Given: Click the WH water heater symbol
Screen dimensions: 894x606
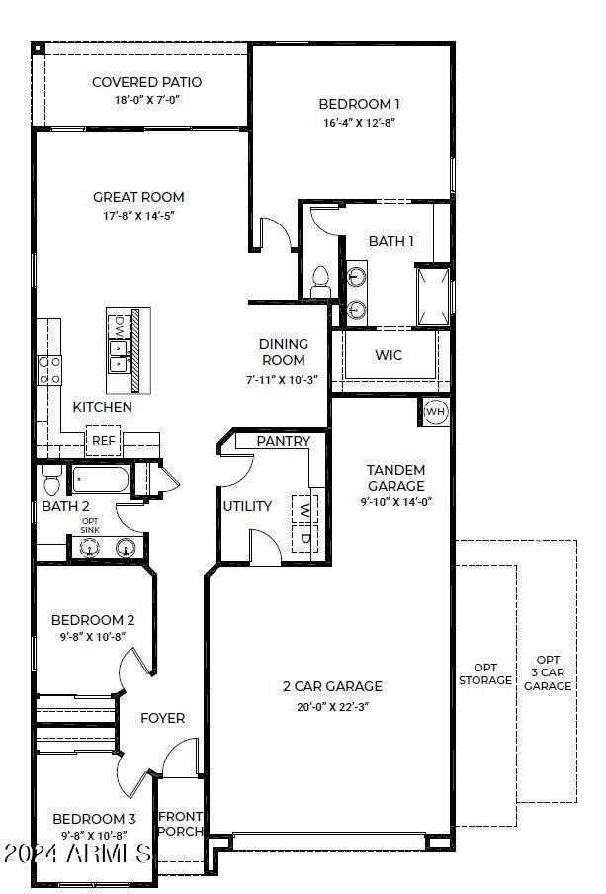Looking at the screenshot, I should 435,411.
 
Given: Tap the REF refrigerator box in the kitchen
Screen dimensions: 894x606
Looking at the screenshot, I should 104,441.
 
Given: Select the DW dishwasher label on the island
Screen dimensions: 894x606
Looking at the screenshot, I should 119,324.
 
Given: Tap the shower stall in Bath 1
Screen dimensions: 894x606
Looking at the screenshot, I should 432,295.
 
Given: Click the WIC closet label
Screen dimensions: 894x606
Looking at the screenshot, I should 389,355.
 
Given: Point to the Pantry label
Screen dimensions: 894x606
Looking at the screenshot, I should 284,441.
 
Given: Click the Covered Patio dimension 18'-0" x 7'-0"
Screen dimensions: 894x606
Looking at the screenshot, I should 146,100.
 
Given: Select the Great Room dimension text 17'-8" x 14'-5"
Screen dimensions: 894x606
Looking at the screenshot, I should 138,215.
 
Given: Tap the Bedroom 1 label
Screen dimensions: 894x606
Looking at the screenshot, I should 359,104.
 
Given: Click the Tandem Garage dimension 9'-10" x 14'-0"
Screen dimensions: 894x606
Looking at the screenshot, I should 395,501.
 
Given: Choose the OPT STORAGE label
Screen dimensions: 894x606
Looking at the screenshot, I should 485,673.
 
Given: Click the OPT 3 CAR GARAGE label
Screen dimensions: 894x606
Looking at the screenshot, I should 548,672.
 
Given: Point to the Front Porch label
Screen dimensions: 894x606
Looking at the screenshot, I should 181,823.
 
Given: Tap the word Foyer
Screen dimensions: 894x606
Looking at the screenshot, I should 162,718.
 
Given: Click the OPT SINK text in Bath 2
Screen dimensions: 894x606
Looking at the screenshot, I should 90,525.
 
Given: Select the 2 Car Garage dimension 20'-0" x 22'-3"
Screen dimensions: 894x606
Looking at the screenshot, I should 332,706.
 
